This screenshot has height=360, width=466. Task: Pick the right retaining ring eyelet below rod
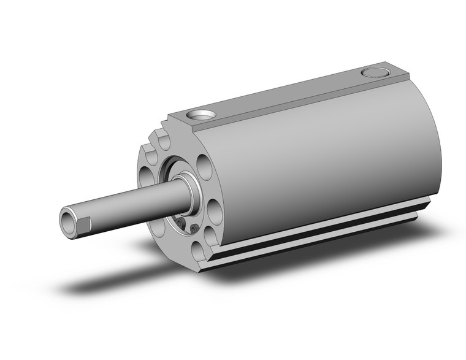194,229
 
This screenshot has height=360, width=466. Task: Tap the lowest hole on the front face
197,250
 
